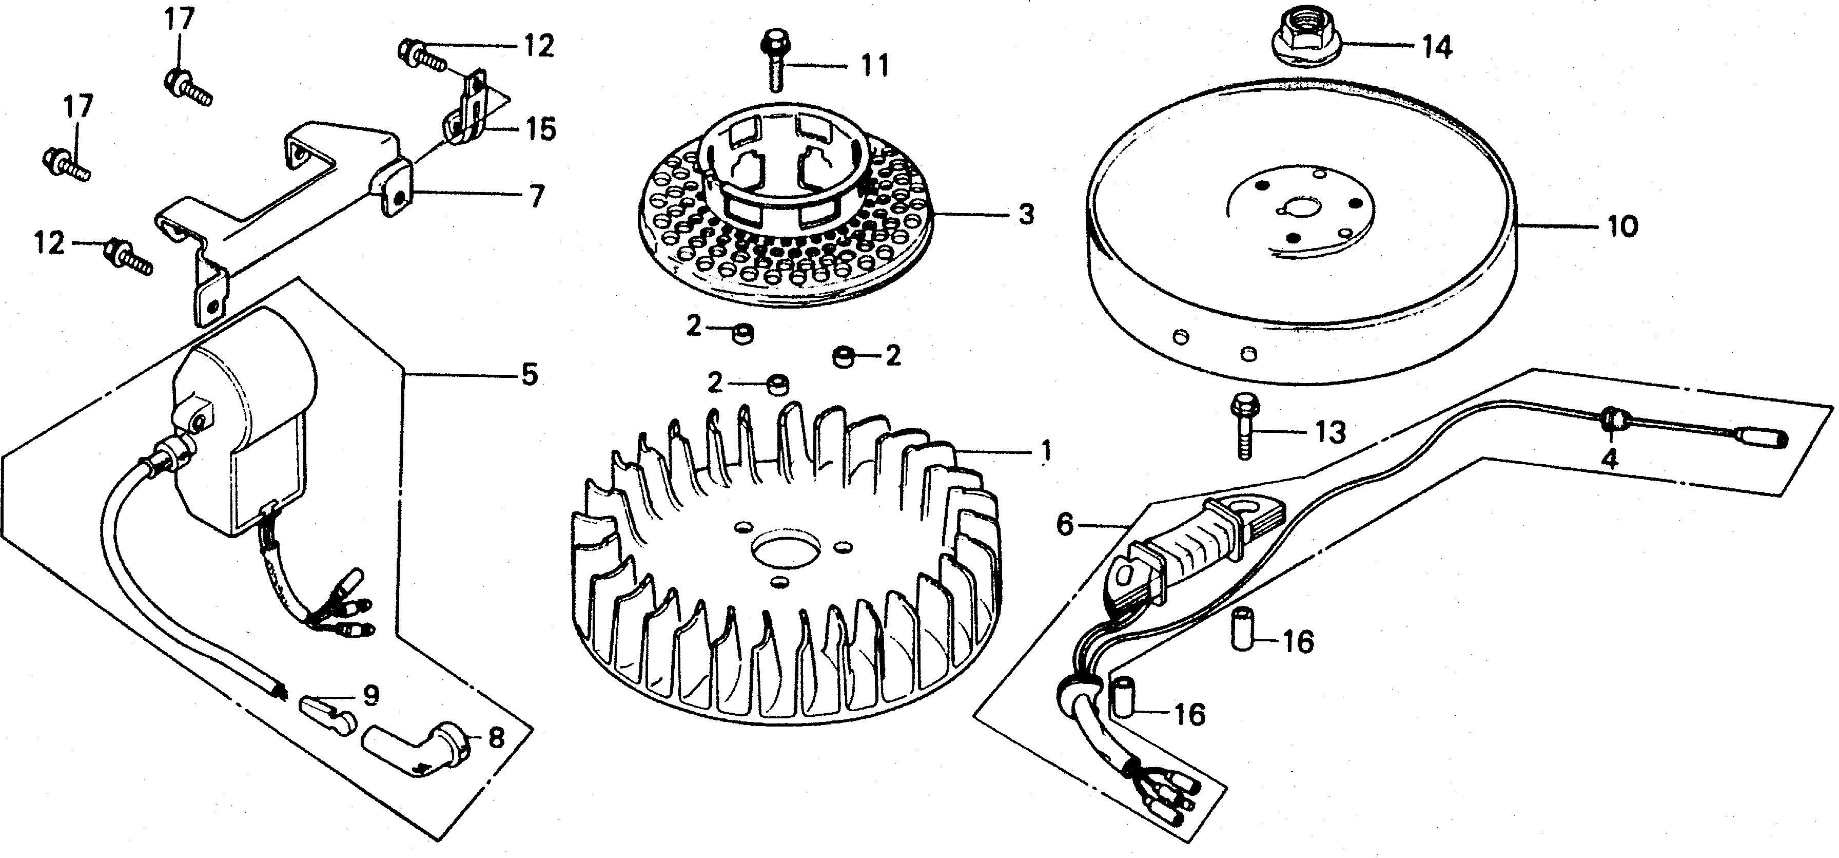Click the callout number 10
[x=1622, y=226]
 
